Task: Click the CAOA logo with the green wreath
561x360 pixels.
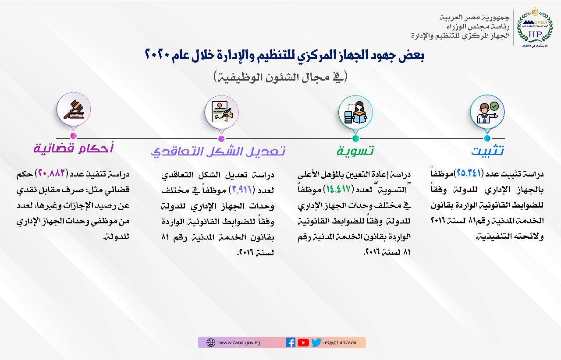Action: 535,28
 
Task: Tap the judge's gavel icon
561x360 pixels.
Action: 74,109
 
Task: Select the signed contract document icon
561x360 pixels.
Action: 222,112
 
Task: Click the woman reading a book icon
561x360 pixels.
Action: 355,113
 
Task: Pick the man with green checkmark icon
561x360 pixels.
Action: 487,113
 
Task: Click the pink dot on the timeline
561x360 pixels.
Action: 73,136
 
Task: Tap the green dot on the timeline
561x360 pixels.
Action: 355,138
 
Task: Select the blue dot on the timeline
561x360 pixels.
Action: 487,138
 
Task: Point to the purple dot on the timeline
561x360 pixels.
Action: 221,138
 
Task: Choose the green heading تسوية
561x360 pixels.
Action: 355,151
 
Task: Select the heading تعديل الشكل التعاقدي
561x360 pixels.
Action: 218,152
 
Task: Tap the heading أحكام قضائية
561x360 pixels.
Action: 73,148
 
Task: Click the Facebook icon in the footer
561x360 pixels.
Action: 290,342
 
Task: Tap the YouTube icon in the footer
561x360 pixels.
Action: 303,342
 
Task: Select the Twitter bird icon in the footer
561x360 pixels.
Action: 316,342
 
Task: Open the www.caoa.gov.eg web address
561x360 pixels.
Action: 240,342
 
